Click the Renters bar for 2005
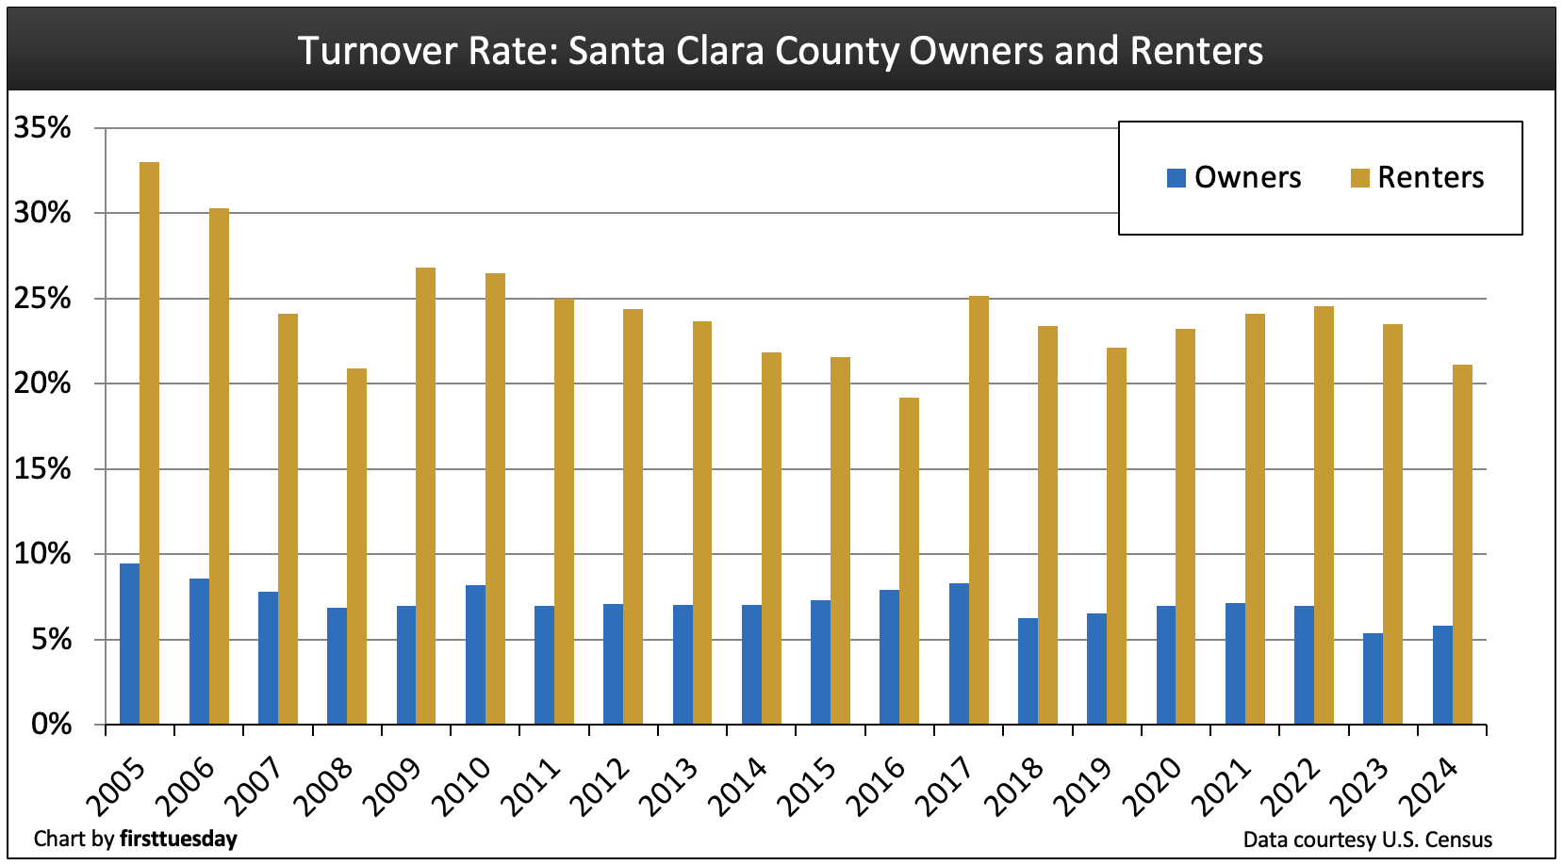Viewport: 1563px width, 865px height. (149, 443)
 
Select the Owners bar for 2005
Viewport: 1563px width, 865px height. (129, 644)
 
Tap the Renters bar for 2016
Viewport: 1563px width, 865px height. (909, 561)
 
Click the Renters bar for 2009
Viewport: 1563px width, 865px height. (425, 496)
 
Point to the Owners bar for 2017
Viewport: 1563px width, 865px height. (959, 654)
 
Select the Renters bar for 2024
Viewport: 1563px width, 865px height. (1462, 545)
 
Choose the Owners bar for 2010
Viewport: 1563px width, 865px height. (475, 655)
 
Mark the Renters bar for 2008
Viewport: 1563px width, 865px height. (356, 547)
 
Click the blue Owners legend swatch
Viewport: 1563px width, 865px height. (1176, 178)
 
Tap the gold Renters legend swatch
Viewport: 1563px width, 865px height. (1359, 178)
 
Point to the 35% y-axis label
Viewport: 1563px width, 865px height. (42, 128)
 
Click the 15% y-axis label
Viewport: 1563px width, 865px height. (42, 469)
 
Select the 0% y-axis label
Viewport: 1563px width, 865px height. (51, 725)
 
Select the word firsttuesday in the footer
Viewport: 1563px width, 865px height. (178, 839)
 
